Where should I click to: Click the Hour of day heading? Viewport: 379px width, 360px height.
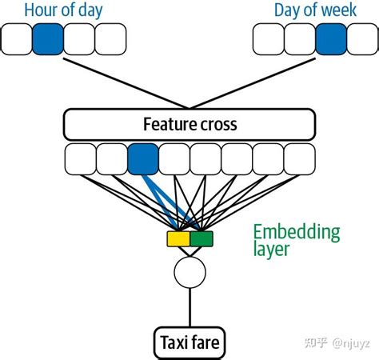coord(63,10)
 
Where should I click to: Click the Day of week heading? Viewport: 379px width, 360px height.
coord(315,10)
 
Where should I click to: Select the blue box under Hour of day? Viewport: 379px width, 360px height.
coord(48,38)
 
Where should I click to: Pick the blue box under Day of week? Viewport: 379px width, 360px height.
coord(331,38)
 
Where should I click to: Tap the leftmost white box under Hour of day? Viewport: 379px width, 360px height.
coord(17,38)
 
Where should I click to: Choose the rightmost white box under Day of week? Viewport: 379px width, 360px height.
coord(361,38)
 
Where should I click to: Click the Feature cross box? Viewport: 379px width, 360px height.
coord(189,124)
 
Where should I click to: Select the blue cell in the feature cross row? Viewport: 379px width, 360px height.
coord(143,158)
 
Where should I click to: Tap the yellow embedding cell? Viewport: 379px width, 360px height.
coord(178,238)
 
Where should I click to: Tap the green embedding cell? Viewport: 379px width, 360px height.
coord(201,238)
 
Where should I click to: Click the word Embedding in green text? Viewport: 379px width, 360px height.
coord(296,232)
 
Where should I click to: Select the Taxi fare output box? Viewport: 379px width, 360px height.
coord(189,344)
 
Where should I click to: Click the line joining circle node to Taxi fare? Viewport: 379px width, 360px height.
coord(189,308)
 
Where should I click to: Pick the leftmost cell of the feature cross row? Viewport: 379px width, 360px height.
coord(80,158)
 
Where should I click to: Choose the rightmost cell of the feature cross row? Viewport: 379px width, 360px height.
coord(300,158)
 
